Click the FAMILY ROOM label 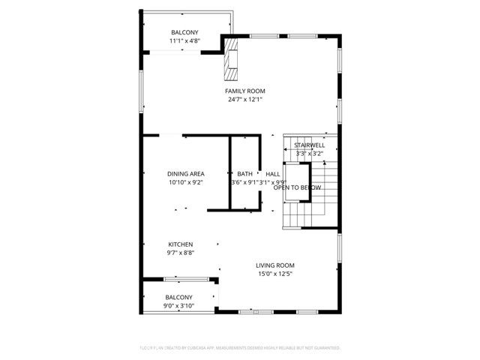(244, 91)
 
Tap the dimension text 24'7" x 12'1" (244, 99)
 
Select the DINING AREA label (186, 173)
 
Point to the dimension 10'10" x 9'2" (186, 181)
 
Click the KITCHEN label (180, 244)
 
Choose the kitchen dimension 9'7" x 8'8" (180, 253)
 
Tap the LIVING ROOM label (274, 265)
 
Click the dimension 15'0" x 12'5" (274, 274)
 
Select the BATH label (244, 173)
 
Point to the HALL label (272, 173)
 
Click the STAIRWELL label (309, 145)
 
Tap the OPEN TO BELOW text (292, 187)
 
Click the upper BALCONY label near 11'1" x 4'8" (184, 32)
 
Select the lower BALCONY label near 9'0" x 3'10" (178, 297)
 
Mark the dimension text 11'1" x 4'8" (184, 40)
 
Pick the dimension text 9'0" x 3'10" (178, 305)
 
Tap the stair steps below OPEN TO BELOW (304, 218)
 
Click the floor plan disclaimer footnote (240, 348)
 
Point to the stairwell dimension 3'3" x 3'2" (309, 153)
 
